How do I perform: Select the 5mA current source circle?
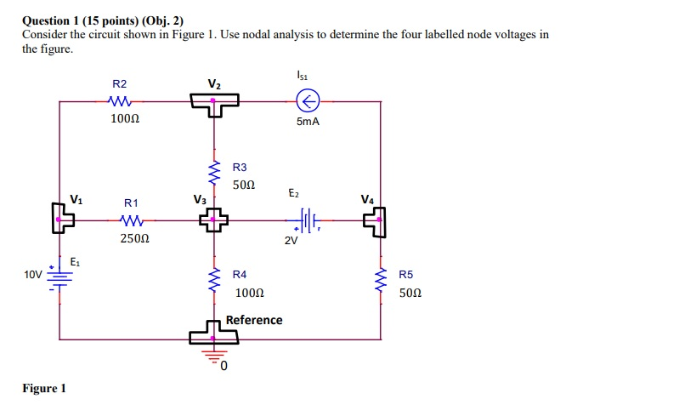click(307, 102)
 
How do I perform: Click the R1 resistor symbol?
click(130, 221)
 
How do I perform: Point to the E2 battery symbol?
click(305, 223)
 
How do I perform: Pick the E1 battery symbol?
click(59, 277)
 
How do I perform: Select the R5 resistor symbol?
click(380, 282)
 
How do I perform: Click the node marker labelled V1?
click(61, 222)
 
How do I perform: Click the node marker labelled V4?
click(375, 223)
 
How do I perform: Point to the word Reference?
click(254, 320)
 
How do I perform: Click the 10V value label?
click(32, 275)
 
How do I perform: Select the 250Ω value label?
click(130, 239)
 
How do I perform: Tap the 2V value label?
click(291, 241)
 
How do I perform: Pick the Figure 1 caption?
click(44, 389)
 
